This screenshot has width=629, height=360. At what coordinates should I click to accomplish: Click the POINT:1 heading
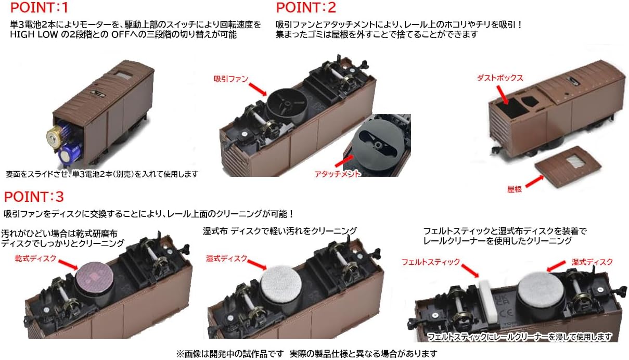39,8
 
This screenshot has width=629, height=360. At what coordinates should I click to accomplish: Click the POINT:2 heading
306,8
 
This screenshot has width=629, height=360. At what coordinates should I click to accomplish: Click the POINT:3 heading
34,197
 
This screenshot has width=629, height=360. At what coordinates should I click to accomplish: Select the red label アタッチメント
337,173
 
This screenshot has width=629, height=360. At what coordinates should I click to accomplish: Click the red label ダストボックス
499,78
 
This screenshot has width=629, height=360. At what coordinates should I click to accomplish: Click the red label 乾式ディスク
35,258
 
